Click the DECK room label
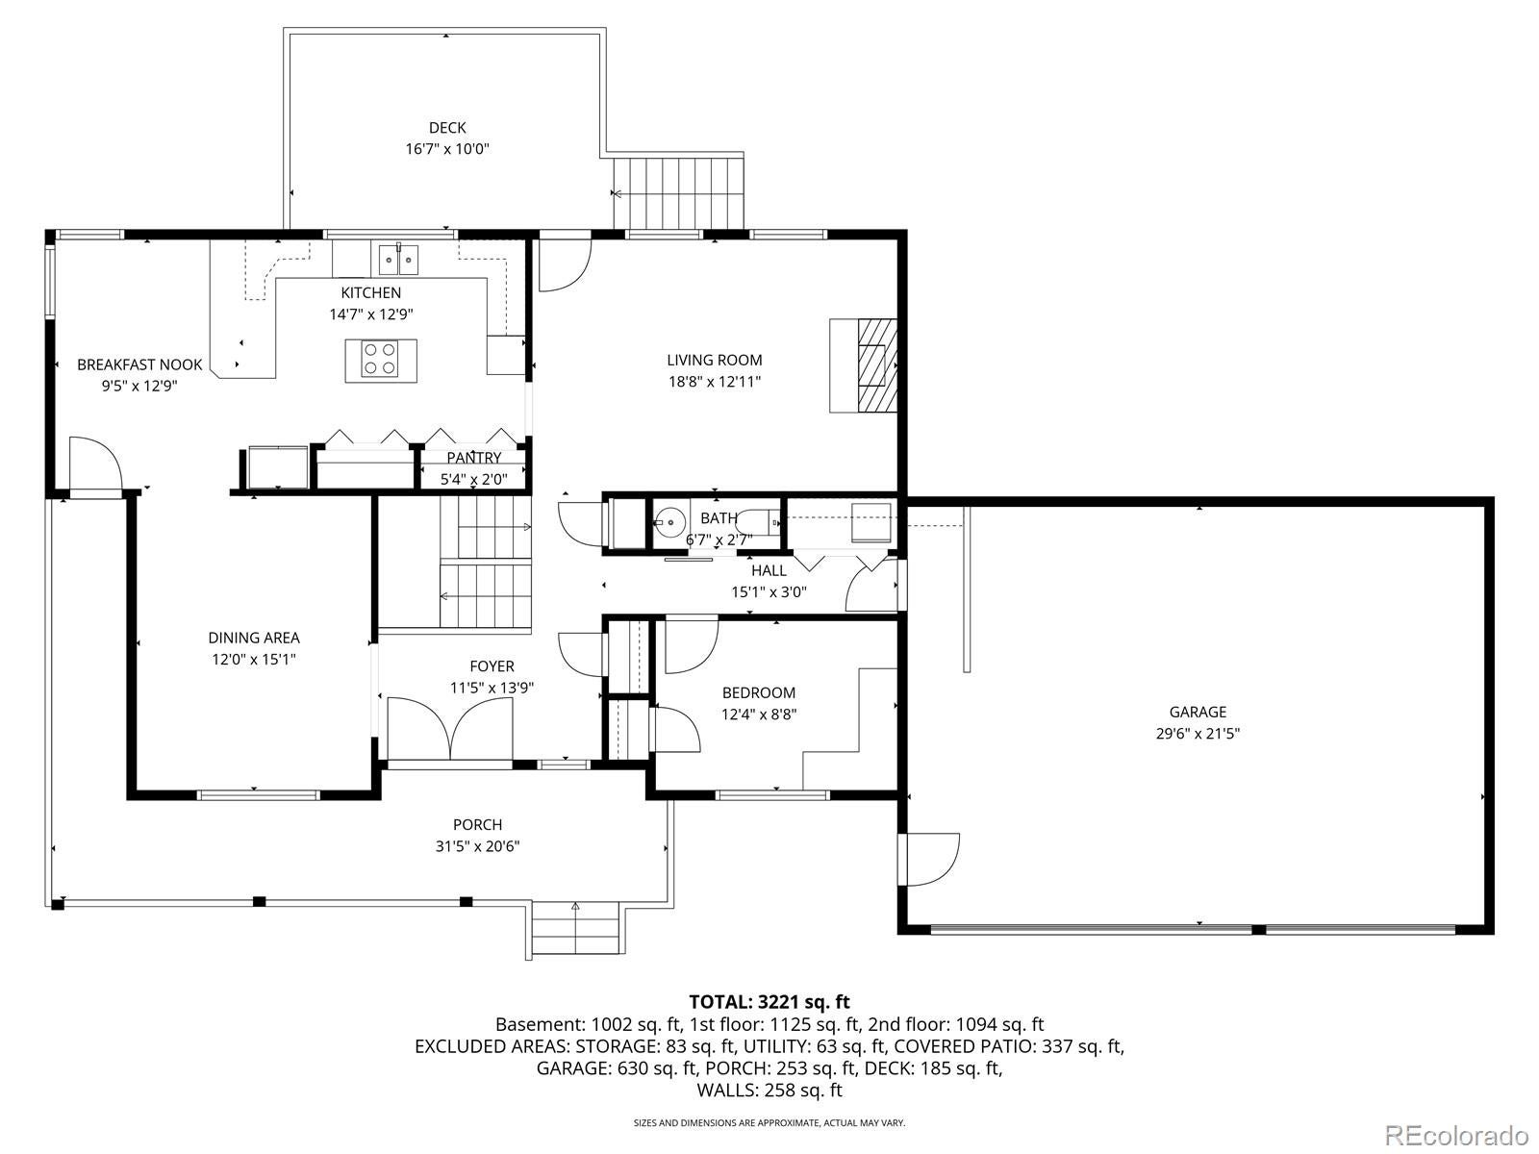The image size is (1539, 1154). pos(446,128)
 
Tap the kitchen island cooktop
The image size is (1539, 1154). pos(381,360)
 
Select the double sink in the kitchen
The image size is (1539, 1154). pos(398,260)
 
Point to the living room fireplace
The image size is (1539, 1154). pos(863,365)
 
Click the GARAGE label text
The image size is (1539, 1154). pos(1198,712)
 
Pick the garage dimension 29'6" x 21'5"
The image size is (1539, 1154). pos(1198,734)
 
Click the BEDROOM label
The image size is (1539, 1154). pos(759,693)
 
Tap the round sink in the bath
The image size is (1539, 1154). pos(670,522)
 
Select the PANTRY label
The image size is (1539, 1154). pos(474,458)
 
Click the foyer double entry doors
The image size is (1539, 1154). pos(449,729)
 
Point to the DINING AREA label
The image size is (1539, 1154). pos(254,638)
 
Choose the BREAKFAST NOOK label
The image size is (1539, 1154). pos(139,364)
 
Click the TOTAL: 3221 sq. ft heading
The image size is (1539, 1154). pos(769,1001)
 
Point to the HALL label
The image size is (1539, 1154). pos(769,570)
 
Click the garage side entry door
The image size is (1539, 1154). pos(930,859)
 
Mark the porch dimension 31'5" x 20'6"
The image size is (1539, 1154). pos(477,845)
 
